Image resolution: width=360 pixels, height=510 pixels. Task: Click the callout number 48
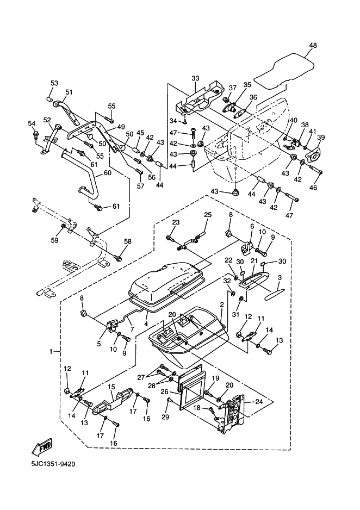312,47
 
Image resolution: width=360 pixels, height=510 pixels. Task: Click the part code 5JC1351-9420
53,464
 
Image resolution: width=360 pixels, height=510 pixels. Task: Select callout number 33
196,78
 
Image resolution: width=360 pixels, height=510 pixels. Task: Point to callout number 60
107,173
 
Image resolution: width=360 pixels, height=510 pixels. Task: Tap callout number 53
54,83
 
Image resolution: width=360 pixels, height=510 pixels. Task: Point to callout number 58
127,241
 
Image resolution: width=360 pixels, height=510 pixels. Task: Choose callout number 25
207,215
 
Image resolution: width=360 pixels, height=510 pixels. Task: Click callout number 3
280,278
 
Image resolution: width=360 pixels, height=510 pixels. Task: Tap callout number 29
165,416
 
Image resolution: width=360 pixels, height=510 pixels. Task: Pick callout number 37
232,88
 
